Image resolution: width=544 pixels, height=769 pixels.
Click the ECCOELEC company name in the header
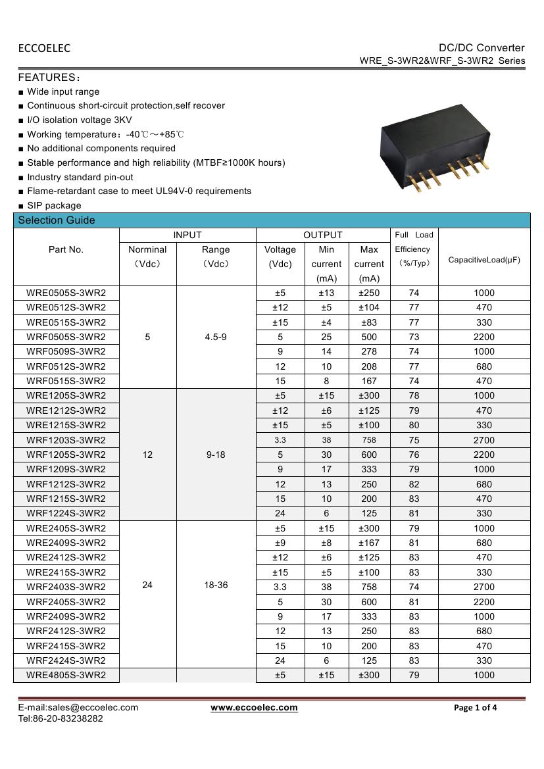[44, 48]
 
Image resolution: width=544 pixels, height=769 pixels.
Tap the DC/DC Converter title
[482, 47]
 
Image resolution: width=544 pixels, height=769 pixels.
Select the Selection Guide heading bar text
[57, 220]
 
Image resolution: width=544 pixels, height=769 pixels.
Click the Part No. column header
[66, 249]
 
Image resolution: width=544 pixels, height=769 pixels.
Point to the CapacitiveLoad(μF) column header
[483, 260]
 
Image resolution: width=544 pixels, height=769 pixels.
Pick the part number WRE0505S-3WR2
[66, 293]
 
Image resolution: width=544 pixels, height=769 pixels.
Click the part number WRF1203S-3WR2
[66, 440]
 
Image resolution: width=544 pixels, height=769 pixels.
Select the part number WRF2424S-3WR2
[66, 660]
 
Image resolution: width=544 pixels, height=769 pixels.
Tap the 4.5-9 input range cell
[216, 337]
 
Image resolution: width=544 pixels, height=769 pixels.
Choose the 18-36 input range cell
[216, 585]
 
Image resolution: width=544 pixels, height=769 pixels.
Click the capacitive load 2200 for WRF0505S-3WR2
[483, 337]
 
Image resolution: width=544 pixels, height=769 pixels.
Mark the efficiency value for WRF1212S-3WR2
[414, 484]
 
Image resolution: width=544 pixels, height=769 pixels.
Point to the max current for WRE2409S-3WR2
[369, 543]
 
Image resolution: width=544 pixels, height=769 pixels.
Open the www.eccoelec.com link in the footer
[254, 708]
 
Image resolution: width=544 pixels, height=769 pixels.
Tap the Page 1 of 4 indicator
[476, 708]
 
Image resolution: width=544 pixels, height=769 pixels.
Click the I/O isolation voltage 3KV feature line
[79, 120]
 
